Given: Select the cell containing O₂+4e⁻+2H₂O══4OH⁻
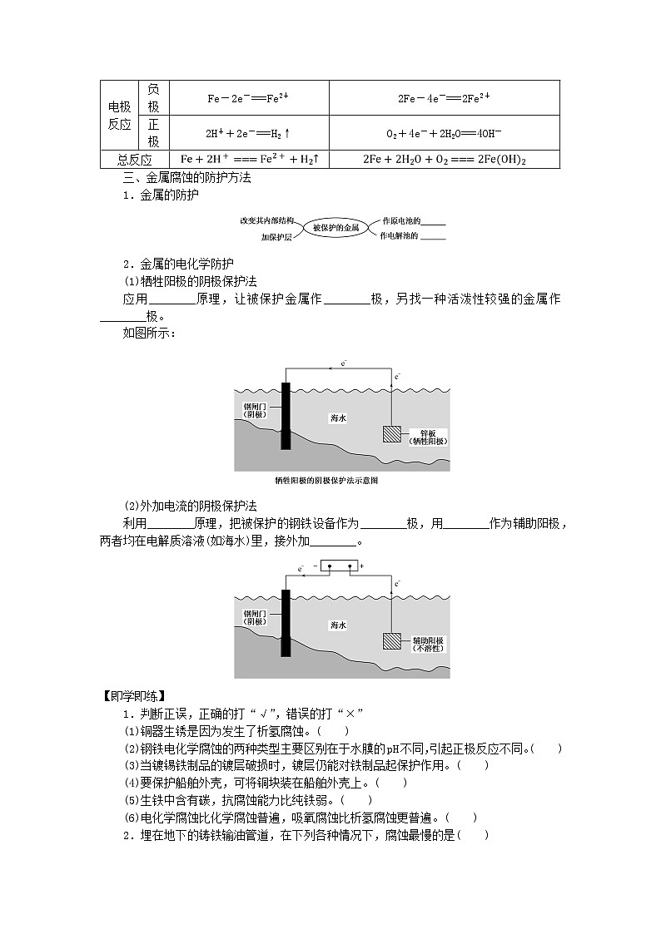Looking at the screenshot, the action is (x=443, y=133).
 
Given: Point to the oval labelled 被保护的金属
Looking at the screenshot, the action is (x=335, y=227).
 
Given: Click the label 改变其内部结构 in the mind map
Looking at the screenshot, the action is (x=266, y=221).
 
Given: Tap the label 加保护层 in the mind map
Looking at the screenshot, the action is (x=276, y=237).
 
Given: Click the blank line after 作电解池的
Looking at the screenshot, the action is (x=433, y=238).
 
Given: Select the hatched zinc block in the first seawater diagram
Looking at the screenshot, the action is (x=391, y=433).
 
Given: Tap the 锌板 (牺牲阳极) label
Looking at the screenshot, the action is (x=428, y=437).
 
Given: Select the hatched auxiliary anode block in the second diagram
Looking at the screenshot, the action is (x=391, y=640).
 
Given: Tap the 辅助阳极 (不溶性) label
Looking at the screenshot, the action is (x=428, y=645).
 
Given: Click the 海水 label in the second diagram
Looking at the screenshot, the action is (x=337, y=625).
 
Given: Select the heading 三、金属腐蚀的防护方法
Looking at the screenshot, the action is (x=186, y=177).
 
